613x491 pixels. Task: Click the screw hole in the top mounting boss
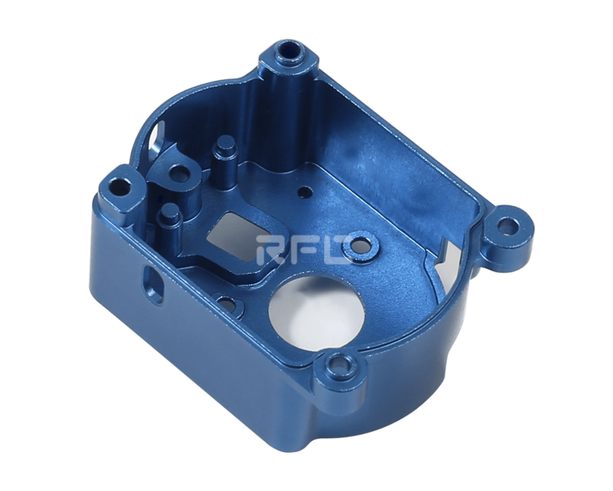(288, 51)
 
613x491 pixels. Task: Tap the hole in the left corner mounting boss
(119, 187)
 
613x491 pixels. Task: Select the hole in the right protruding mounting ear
(509, 227)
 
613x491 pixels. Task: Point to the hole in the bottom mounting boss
(341, 365)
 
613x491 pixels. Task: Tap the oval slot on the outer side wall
(152, 283)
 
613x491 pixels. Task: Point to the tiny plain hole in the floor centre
(303, 192)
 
